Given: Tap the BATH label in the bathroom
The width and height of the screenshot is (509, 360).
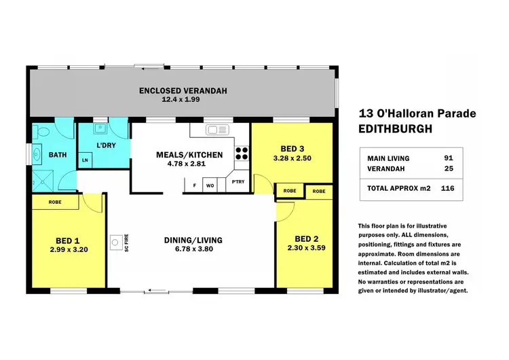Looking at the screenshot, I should point(58,155).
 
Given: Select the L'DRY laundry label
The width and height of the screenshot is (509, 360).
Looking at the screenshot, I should point(104,146).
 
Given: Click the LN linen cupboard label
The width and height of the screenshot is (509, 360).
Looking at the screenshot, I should point(86,160).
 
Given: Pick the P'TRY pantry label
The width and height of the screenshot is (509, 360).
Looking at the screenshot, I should point(238,182).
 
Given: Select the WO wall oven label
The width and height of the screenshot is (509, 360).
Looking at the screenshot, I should point(211,184).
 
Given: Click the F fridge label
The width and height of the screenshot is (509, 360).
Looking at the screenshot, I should point(195,184).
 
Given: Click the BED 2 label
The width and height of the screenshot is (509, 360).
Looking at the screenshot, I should point(307,238).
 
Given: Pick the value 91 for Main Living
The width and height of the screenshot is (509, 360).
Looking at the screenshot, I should point(447,158).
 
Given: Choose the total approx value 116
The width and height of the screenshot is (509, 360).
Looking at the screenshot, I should point(447,187).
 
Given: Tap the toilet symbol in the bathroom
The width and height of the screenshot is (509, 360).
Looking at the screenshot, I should point(43,132).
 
